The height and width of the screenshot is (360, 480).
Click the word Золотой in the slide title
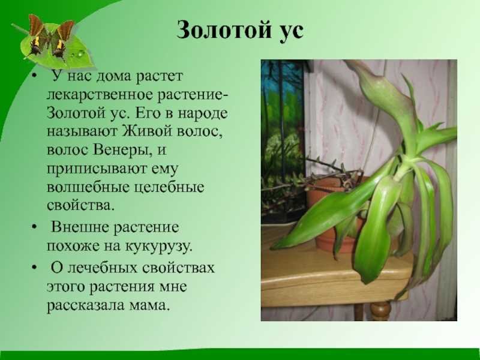[224, 30]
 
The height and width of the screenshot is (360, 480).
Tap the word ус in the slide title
[291, 32]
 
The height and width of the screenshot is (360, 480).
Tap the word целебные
[169, 187]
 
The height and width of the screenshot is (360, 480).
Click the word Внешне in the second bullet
[80, 227]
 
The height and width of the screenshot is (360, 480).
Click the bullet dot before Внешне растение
[34, 228]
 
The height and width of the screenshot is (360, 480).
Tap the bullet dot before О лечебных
[34, 268]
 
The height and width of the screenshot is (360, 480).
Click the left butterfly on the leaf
[36, 38]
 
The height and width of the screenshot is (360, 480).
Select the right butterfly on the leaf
[62, 40]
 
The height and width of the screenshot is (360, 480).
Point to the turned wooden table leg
[380, 311]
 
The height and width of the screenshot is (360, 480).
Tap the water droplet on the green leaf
[80, 54]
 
